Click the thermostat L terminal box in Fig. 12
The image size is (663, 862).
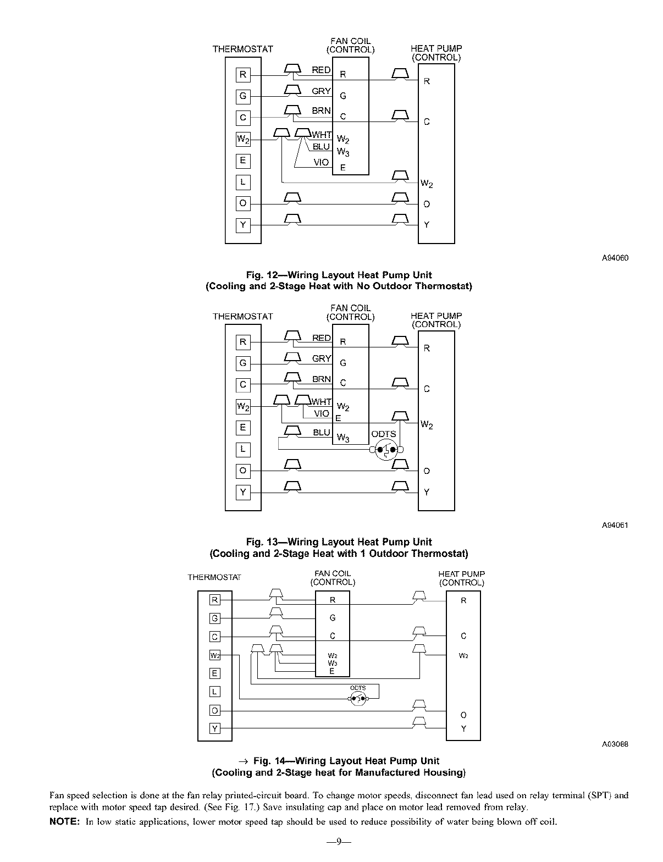[x=243, y=182]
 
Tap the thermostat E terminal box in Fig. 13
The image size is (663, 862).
[x=243, y=428]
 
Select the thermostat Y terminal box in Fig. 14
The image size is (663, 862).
[x=214, y=729]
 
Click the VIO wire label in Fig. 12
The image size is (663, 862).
[x=321, y=162]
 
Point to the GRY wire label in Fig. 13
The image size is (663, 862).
[x=322, y=358]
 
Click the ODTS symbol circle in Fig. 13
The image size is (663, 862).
[x=386, y=450]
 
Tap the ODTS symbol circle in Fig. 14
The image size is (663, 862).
[x=358, y=699]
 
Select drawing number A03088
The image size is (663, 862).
[x=615, y=744]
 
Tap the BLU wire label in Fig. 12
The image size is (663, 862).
[x=321, y=147]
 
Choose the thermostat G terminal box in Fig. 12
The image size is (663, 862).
[x=243, y=96]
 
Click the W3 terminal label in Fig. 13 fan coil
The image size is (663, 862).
[x=343, y=438]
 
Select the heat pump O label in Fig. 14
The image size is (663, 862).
[x=463, y=715]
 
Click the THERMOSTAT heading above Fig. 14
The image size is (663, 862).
[x=214, y=577]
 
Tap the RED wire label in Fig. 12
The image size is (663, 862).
[x=321, y=70]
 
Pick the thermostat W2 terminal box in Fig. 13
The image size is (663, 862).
[x=243, y=407]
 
